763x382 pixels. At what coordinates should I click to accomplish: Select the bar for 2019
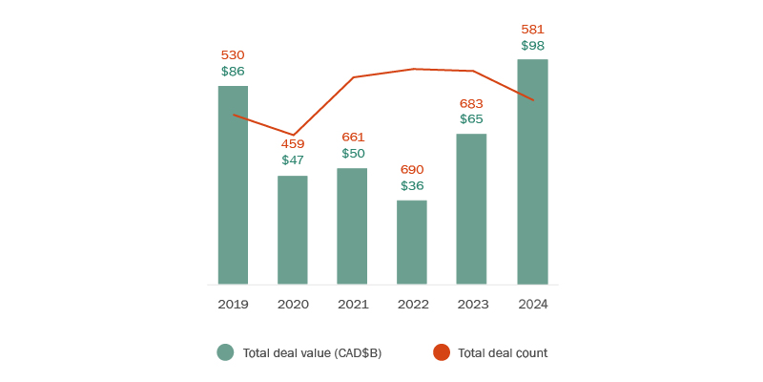233,185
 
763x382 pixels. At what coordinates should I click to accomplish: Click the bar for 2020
293,230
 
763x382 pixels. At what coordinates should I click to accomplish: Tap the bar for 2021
352,226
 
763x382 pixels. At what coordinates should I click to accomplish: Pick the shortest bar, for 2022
412,243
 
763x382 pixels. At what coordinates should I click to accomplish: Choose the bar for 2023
471,209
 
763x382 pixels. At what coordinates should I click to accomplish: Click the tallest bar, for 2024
532,172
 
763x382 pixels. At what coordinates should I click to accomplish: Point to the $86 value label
233,72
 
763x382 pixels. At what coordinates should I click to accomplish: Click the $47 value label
293,160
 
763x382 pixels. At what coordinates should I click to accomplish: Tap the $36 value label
412,185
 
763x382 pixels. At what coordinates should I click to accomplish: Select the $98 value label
532,46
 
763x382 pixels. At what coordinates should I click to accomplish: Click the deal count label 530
233,55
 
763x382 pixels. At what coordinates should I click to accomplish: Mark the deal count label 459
293,144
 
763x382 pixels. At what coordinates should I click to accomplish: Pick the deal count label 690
412,169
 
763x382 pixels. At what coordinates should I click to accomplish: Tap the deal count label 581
532,30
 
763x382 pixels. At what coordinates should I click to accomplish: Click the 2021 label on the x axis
352,304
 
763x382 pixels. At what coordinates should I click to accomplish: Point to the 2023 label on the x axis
471,304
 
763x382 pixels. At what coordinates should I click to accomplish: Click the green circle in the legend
225,352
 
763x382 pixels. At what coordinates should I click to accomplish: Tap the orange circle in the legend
441,352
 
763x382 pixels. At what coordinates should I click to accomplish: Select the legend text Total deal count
503,353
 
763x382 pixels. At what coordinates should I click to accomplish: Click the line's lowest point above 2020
293,135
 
